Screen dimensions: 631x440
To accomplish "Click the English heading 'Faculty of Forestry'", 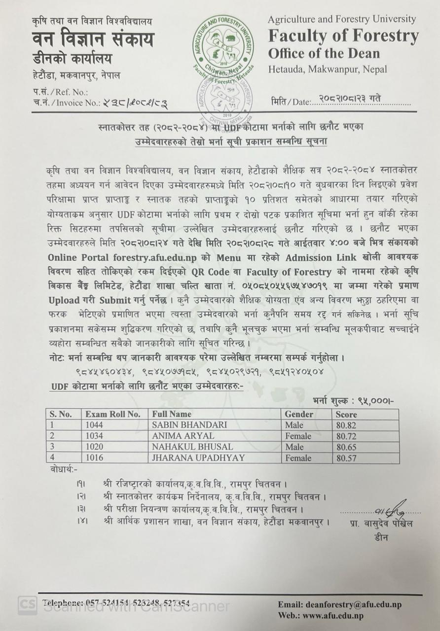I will pyautogui.click(x=343, y=36).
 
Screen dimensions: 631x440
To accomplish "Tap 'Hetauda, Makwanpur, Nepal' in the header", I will pyautogui.click(x=328, y=70).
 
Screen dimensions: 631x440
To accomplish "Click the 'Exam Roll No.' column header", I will pyautogui.click(x=112, y=414).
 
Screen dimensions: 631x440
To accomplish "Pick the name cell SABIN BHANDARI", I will pyautogui.click(x=189, y=424).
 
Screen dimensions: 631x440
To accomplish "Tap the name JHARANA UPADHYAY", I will pyautogui.click(x=198, y=458).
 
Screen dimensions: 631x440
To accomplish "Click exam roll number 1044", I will pyautogui.click(x=94, y=424).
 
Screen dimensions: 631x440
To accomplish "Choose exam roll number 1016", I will pyautogui.click(x=94, y=458).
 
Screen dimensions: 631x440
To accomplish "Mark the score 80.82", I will pyautogui.click(x=346, y=425).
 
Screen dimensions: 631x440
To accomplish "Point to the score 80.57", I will pyautogui.click(x=346, y=458).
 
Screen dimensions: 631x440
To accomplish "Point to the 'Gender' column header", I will pyautogui.click(x=299, y=414).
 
